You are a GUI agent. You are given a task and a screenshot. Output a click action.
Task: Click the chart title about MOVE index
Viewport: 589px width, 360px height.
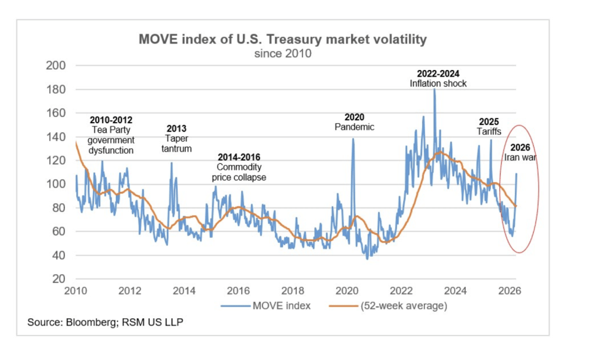(x=282, y=40)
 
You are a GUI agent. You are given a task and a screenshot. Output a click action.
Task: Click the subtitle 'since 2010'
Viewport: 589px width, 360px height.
(x=282, y=53)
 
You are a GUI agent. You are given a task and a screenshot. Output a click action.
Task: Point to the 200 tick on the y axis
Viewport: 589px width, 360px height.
(x=58, y=66)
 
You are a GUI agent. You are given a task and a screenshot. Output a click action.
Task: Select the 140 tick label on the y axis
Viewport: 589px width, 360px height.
(x=58, y=137)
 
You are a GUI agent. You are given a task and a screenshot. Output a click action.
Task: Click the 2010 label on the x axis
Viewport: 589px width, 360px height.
(x=76, y=291)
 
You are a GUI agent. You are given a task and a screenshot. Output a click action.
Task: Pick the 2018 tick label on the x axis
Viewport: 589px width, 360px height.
(x=293, y=291)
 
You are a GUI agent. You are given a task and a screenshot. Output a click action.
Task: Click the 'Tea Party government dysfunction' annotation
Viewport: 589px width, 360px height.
(x=111, y=134)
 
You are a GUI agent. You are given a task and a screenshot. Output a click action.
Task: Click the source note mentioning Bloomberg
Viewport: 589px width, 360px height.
(x=105, y=323)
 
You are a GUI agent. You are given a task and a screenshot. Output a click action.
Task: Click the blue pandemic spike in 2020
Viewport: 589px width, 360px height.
(x=353, y=140)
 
